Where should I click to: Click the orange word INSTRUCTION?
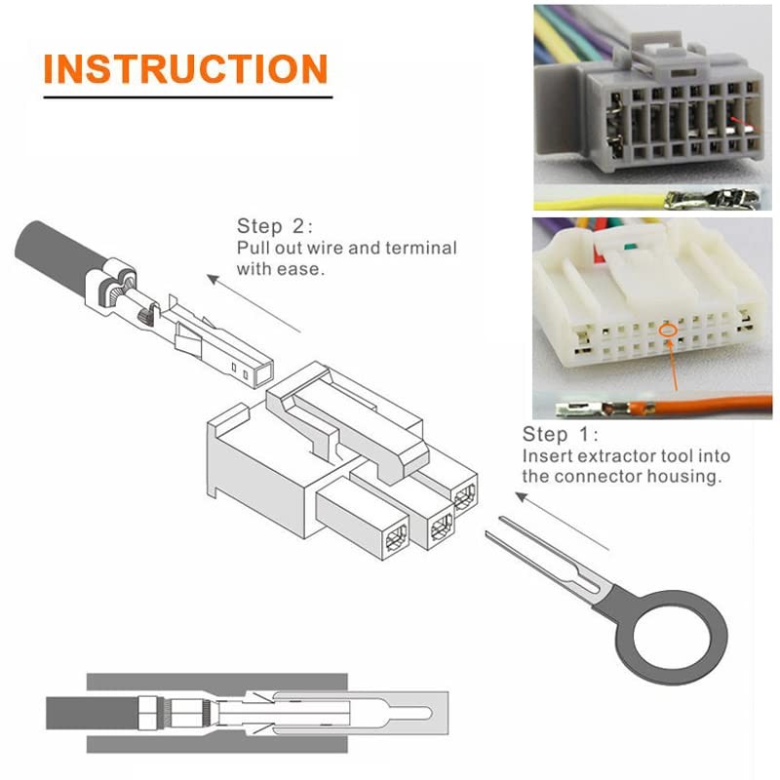(x=185, y=69)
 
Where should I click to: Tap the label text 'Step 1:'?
(x=561, y=434)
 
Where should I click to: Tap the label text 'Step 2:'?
(x=276, y=226)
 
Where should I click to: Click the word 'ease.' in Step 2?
(x=303, y=268)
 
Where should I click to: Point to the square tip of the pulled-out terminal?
(x=257, y=370)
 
